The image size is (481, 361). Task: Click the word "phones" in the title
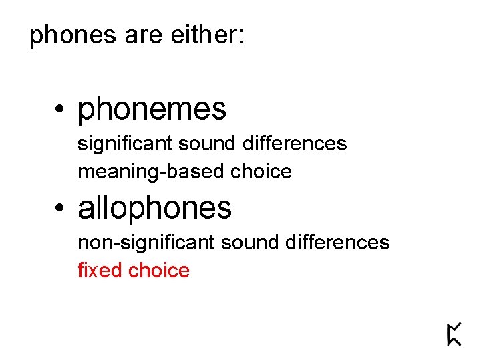(73, 36)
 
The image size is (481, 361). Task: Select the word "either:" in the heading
(208, 36)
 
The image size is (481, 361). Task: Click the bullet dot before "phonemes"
(60, 110)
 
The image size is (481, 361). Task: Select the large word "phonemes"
(152, 110)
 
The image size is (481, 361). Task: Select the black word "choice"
(261, 172)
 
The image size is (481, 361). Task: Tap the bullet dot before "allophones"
(60, 208)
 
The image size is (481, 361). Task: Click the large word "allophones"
(155, 208)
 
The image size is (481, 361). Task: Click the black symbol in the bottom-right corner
(454, 334)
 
